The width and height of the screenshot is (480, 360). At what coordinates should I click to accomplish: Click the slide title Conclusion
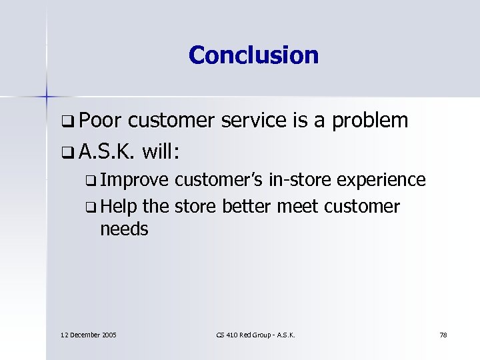(x=253, y=55)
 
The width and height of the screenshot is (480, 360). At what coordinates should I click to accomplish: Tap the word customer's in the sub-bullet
(x=219, y=180)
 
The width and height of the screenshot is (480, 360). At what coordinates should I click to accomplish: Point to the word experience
(x=381, y=181)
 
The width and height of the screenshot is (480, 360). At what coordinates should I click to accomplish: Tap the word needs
(x=124, y=230)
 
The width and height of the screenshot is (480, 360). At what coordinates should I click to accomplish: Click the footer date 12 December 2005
(x=86, y=334)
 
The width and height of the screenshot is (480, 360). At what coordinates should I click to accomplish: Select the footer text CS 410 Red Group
(x=241, y=334)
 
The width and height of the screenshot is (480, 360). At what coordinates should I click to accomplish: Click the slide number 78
(x=443, y=334)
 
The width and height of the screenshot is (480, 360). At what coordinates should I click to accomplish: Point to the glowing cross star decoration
(x=47, y=96)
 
